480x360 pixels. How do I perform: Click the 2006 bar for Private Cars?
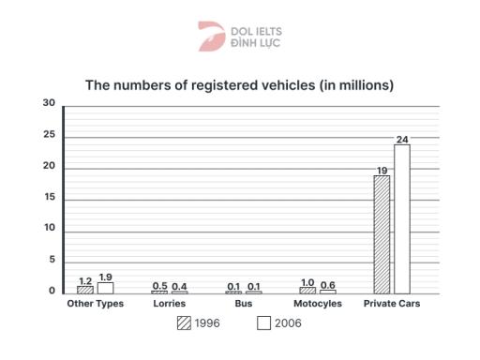[x=401, y=219]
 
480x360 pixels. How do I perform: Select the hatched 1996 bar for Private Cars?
[x=382, y=234]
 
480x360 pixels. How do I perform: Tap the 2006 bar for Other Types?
[x=105, y=288]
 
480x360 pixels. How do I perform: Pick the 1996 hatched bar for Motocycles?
[x=307, y=290]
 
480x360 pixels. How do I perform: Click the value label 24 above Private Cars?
[x=401, y=140]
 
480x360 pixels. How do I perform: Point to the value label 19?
[x=382, y=171]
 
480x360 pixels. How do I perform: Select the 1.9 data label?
[x=105, y=277]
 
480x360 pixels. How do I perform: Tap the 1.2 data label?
[x=85, y=281]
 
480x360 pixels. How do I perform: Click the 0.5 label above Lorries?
[x=159, y=286]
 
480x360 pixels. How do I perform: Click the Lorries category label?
[x=169, y=304]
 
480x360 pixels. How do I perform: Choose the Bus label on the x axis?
[x=243, y=304]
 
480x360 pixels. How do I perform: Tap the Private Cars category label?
[x=392, y=304]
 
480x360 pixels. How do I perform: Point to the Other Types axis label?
[x=95, y=304]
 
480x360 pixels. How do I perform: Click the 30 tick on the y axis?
[x=50, y=104]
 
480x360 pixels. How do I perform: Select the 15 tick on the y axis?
[x=50, y=198]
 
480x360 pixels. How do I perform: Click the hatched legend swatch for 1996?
[x=184, y=323]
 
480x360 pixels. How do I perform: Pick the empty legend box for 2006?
[x=263, y=323]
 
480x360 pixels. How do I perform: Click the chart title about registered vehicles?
[x=239, y=85]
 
